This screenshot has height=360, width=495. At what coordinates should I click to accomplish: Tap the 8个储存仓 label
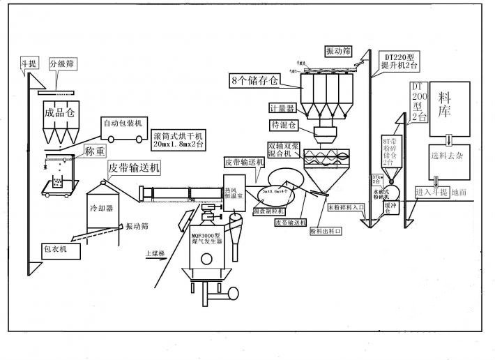pyautogui.click(x=254, y=80)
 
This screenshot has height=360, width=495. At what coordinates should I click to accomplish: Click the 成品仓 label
pyautogui.click(x=59, y=112)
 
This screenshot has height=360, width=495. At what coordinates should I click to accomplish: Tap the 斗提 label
pyautogui.click(x=29, y=64)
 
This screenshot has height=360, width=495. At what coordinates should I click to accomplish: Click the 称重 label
pyautogui.click(x=96, y=150)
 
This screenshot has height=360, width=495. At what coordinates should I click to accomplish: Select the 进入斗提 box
pyautogui.click(x=430, y=192)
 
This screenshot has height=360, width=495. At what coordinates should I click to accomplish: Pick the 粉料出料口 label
pyautogui.click(x=323, y=230)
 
